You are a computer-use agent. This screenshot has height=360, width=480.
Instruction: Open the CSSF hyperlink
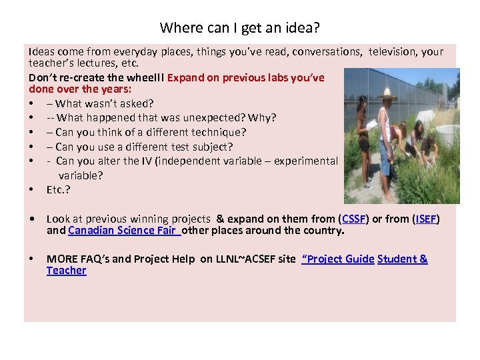point(352,219)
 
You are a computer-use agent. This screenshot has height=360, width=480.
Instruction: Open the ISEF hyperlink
point(425,219)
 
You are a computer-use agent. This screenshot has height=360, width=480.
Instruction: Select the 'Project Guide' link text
point(339,259)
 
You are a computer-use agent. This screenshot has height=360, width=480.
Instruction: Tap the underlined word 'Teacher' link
point(66,271)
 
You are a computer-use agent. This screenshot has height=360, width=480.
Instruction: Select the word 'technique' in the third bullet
point(217,132)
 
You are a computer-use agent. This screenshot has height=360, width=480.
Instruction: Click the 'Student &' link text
point(402,259)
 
